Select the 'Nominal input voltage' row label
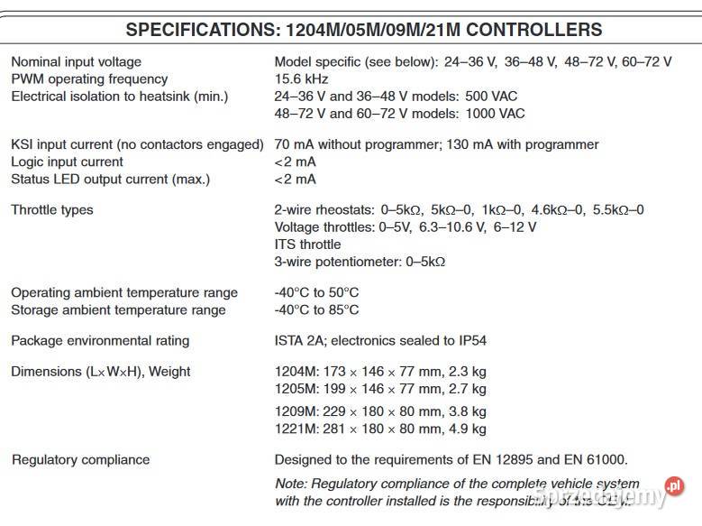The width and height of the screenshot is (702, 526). tap(76, 62)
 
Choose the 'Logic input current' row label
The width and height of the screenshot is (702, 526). tap(67, 161)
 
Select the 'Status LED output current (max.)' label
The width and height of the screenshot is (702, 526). tap(110, 179)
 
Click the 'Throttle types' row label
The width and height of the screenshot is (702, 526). tap(51, 210)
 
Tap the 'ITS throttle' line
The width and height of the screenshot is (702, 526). tap(307, 245)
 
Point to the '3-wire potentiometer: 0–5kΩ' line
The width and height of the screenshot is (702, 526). tap(360, 262)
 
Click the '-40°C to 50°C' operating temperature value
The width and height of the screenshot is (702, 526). tap(316, 292)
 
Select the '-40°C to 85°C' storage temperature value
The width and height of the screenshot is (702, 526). tap(316, 309)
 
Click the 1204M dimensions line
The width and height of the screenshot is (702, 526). tap(379, 372)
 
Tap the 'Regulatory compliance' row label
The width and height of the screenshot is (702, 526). tap(80, 460)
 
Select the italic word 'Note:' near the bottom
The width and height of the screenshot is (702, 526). tap(290, 484)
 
